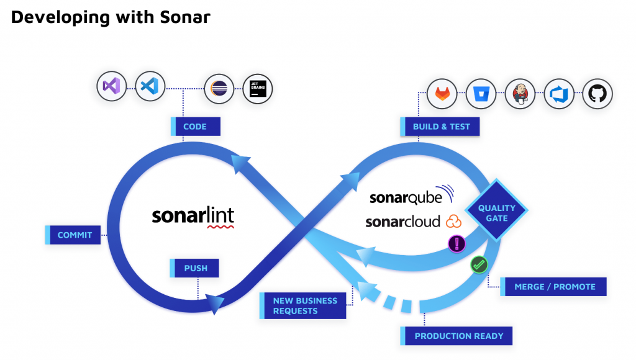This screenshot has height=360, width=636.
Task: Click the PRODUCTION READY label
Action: (x=458, y=336)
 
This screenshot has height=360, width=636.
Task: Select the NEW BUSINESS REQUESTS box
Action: (x=304, y=305)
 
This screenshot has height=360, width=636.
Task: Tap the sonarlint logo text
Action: (x=193, y=216)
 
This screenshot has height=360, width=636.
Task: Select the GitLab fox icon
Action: (x=443, y=94)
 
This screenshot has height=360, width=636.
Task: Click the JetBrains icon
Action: (x=258, y=88)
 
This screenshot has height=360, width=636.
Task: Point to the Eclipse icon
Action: (x=219, y=88)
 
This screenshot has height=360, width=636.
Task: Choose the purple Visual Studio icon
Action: (x=112, y=86)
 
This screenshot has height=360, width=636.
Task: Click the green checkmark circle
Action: (x=479, y=264)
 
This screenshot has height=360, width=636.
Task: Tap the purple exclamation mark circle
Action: (x=457, y=243)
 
